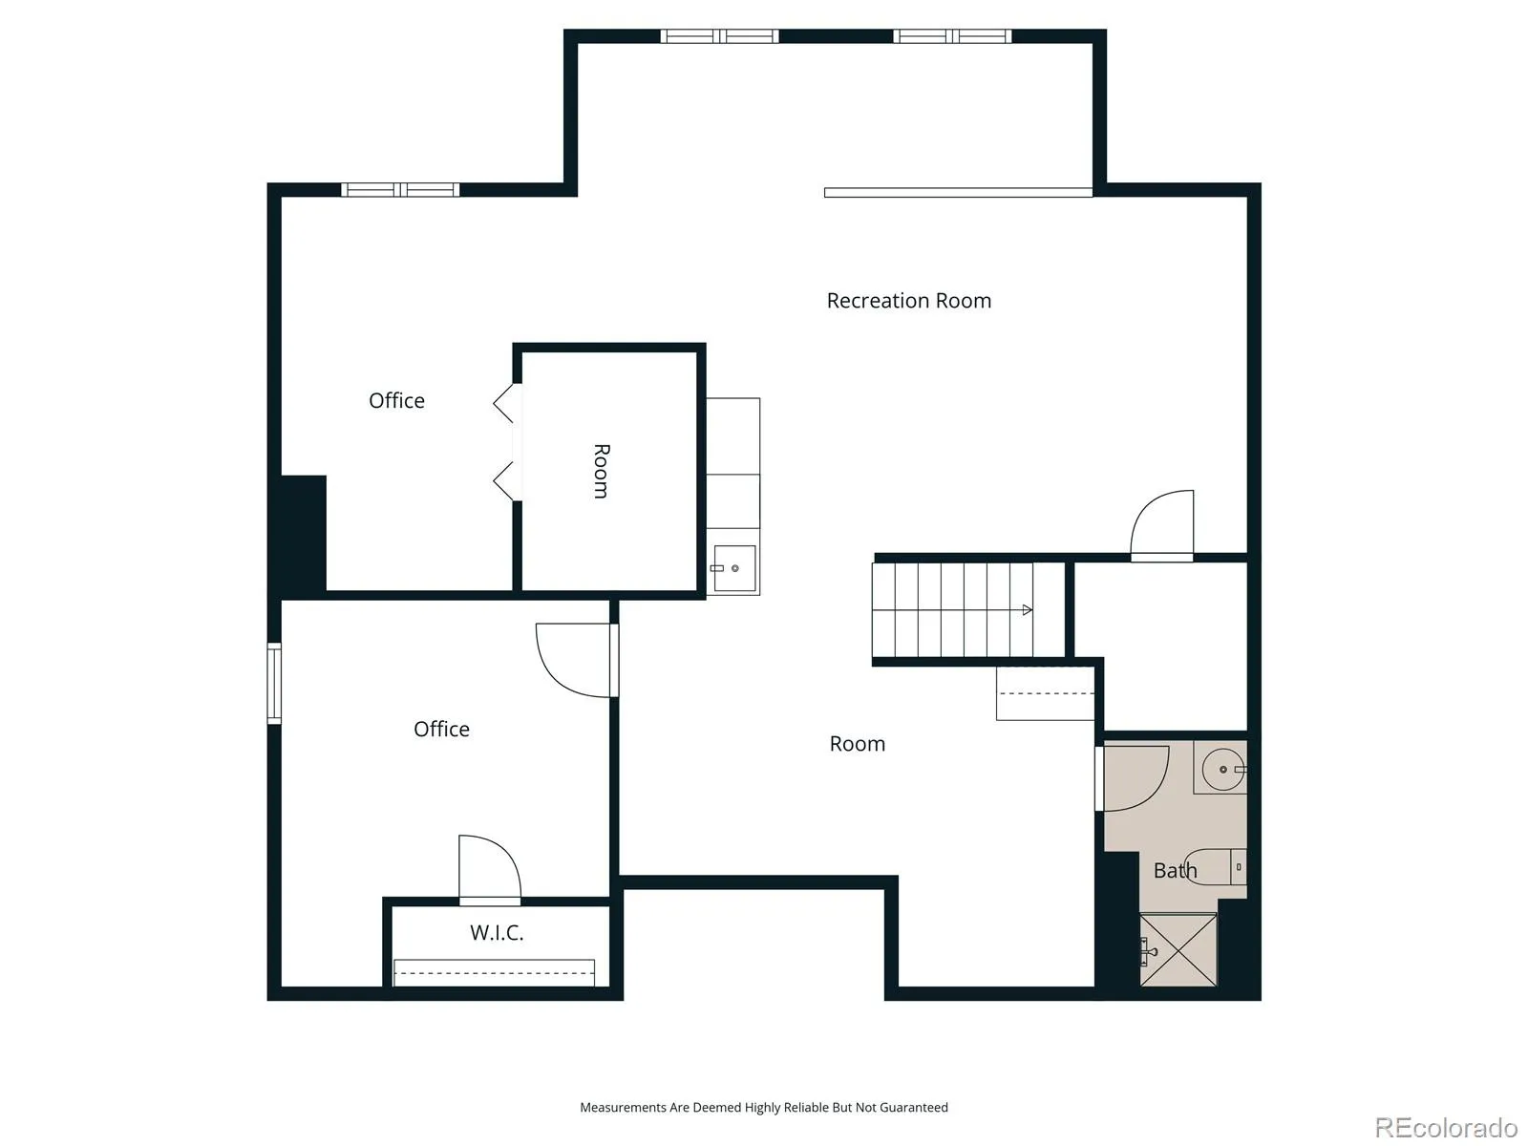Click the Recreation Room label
coord(908,301)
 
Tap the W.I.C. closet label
coord(497,932)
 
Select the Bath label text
coord(1175,870)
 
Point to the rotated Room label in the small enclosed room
coord(601,471)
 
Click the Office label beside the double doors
coord(396,401)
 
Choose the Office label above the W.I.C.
coord(441,730)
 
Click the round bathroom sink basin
coord(1223,769)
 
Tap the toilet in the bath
coord(1215,867)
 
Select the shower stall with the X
coord(1178,950)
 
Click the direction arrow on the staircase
coord(952,610)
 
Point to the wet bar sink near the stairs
coord(734,568)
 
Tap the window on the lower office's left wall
coord(274,683)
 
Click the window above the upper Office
coord(399,189)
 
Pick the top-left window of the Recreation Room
coord(719,36)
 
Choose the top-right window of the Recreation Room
coord(952,36)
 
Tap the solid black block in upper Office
coord(304,535)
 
